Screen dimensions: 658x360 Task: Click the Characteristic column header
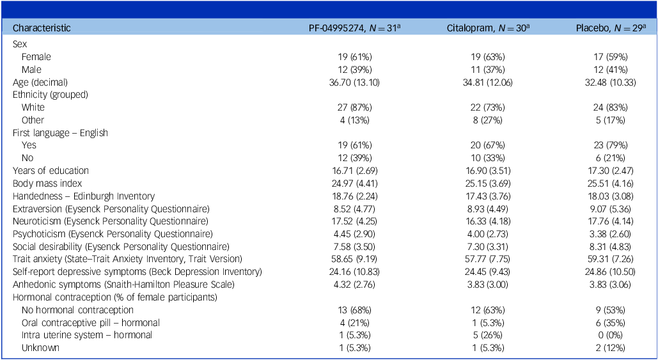(x=42, y=28)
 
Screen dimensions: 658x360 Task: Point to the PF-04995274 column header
(x=354, y=28)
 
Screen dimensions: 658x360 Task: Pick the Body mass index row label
(x=47, y=184)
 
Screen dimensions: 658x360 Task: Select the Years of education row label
(x=51, y=171)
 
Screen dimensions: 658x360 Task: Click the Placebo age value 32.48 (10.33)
(x=611, y=82)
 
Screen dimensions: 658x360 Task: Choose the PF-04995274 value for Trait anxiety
(x=354, y=259)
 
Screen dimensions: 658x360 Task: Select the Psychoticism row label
(x=113, y=233)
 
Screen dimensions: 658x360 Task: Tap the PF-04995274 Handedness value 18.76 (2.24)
(x=354, y=196)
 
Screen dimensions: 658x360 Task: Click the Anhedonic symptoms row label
(x=123, y=285)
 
